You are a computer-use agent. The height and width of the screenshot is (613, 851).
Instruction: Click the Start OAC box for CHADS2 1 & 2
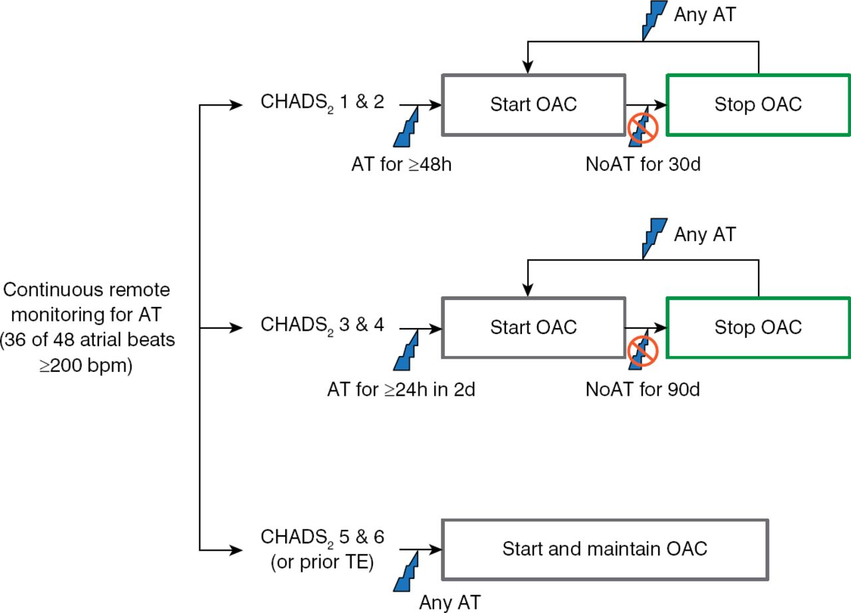[x=533, y=104]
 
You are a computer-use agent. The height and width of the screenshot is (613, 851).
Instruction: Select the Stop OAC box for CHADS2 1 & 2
[x=758, y=104]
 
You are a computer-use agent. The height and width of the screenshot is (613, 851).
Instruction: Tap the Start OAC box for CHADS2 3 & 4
[x=533, y=327]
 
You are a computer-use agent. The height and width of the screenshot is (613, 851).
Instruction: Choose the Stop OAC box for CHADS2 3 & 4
[x=758, y=327]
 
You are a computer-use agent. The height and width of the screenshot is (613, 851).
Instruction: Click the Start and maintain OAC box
[x=604, y=549]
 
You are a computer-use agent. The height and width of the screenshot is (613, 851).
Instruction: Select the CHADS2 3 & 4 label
[x=322, y=325]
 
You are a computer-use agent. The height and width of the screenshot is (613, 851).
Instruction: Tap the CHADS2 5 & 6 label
[x=322, y=536]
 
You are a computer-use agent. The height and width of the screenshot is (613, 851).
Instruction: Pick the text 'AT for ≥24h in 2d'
[x=401, y=389]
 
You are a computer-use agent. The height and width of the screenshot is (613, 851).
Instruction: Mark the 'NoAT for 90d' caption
[x=643, y=389]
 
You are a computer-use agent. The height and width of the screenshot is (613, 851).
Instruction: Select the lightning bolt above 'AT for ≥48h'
[x=407, y=128]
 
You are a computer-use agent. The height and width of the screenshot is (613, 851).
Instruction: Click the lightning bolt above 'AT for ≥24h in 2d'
[x=407, y=351]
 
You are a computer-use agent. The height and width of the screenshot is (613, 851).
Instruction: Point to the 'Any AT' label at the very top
[x=705, y=15]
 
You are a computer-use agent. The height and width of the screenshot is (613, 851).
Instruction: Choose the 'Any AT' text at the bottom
[x=449, y=602]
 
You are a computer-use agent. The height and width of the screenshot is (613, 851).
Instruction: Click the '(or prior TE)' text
[x=322, y=563]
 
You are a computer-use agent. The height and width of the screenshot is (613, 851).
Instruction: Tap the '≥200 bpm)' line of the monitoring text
[x=86, y=365]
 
